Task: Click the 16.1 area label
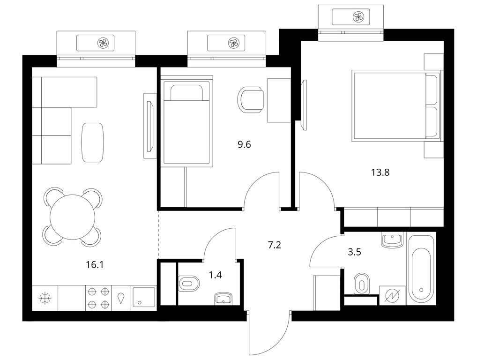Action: coord(95,265)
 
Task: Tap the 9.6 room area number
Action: coord(244,144)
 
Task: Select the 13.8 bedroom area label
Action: coord(380,172)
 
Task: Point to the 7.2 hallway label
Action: coord(275,245)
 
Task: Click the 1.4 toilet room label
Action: coord(215,275)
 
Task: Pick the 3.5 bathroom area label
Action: coord(354,252)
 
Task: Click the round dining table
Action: coord(73,217)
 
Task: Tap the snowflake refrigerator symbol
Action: coord(45,298)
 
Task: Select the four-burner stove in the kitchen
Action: coord(98,298)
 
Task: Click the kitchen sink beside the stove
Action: coord(143,298)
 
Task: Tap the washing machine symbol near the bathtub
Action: coord(392,296)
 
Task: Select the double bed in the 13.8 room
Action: coord(396,106)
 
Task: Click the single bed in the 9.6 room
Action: coord(187,121)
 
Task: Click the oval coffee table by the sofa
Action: coord(92,142)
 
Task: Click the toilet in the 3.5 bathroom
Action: coord(362,284)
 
